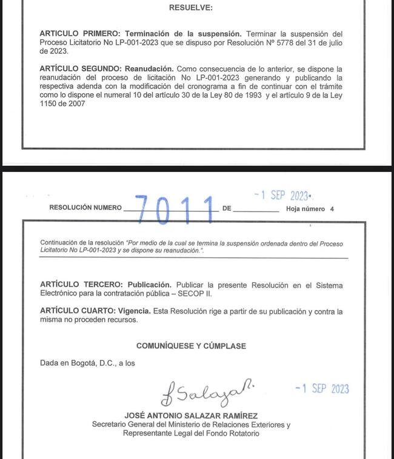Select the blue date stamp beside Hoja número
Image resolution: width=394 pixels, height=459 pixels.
[282, 196]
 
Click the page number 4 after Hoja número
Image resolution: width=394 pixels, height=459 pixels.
[332, 209]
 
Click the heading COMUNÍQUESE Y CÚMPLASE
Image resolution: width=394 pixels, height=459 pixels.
[191, 346]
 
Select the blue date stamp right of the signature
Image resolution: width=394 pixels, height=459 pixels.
[322, 389]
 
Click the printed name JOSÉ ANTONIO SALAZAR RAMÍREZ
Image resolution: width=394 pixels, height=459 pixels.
[192, 416]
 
